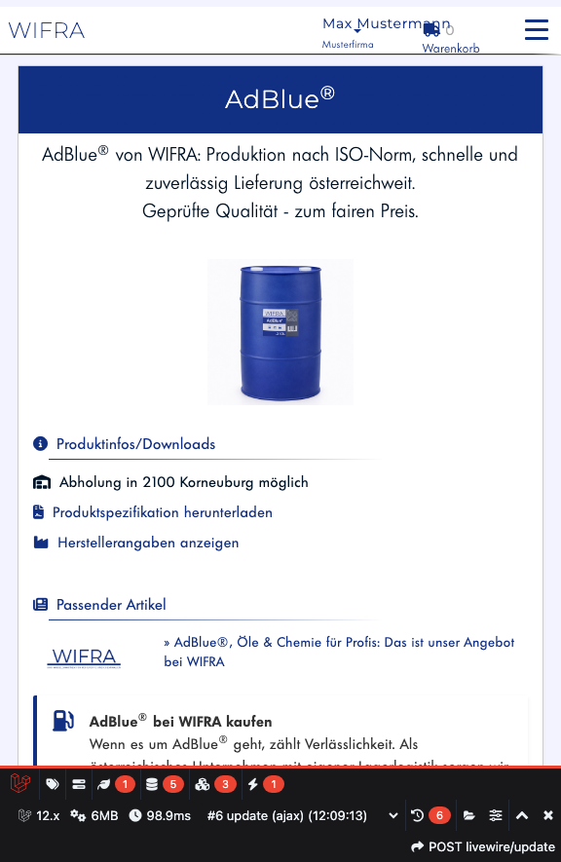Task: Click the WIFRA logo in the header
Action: point(47,30)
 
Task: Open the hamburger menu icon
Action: point(537,30)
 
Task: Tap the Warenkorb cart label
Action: point(450,48)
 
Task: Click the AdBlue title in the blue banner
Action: point(280,98)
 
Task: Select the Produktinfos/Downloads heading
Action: point(135,444)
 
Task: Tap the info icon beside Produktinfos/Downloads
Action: point(41,444)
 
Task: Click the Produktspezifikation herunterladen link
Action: point(162,512)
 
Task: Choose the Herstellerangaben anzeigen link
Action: point(148,543)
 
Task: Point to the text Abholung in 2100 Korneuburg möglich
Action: point(183,482)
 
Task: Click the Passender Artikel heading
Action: point(111,605)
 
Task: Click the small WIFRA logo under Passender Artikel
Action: point(85,658)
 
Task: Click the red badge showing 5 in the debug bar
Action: point(173,784)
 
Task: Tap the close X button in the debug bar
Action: point(548,815)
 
